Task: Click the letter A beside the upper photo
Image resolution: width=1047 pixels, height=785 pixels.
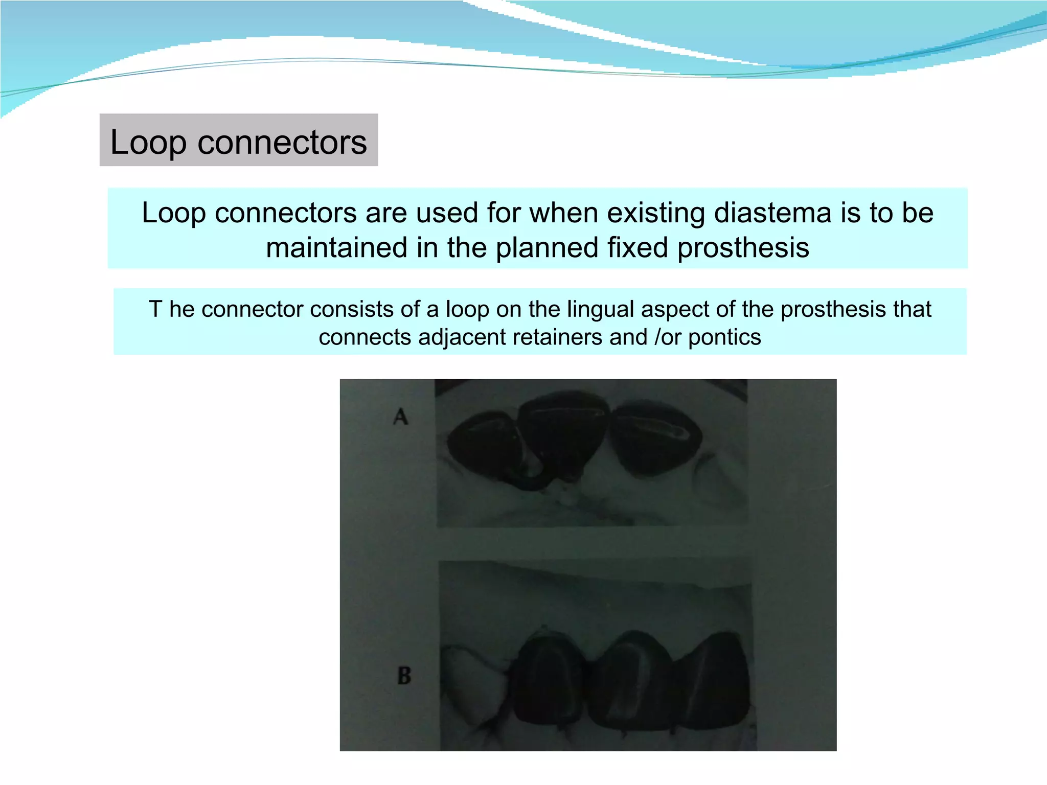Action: (401, 417)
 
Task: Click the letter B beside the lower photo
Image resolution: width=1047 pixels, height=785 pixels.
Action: (404, 676)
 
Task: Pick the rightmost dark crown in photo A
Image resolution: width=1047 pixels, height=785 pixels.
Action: (657, 440)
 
